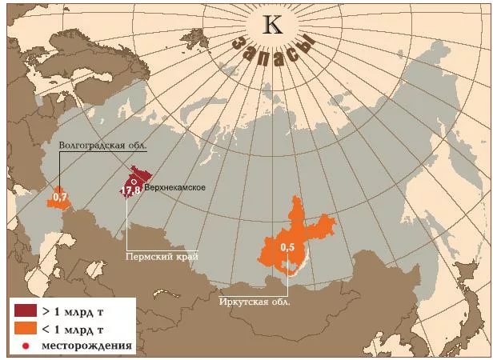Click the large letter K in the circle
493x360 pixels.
pyautogui.click(x=273, y=25)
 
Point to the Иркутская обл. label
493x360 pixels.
pyautogui.click(x=255, y=302)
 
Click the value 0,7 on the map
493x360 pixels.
pyautogui.click(x=59, y=196)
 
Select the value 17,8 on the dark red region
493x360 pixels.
pyautogui.click(x=131, y=190)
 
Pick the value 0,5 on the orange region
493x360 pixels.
pyautogui.click(x=287, y=248)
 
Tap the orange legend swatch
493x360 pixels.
pyautogui.click(x=25, y=328)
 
